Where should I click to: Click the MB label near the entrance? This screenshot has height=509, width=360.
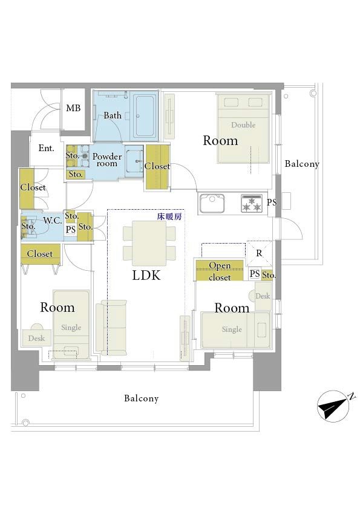pyautogui.click(x=73, y=108)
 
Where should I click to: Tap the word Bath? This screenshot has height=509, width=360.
pyautogui.click(x=113, y=115)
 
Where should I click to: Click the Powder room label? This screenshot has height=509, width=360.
pyautogui.click(x=107, y=160)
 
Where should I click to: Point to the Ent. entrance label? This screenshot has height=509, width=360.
pyautogui.click(x=46, y=148)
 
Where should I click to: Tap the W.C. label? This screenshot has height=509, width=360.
pyautogui.click(x=52, y=221)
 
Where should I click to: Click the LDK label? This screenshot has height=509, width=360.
pyautogui.click(x=146, y=275)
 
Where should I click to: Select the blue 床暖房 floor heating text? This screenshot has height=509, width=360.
pyautogui.click(x=169, y=216)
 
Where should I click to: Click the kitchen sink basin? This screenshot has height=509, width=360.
pyautogui.click(x=212, y=203)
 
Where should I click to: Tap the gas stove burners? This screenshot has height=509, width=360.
pyautogui.click(x=252, y=203)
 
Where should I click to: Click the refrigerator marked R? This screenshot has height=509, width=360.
pyautogui.click(x=259, y=253)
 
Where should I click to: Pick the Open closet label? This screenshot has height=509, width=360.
pyautogui.click(x=220, y=271)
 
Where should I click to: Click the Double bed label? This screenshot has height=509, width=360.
pyautogui.click(x=243, y=125)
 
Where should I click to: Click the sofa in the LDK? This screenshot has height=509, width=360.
pyautogui.click(x=111, y=328)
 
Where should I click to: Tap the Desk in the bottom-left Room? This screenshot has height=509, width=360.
pyautogui.click(x=37, y=337)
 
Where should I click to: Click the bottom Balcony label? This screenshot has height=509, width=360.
pyautogui.click(x=142, y=398)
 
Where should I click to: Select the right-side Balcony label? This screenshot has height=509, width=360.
pyautogui.click(x=302, y=164)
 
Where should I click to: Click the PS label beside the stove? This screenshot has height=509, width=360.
pyautogui.click(x=272, y=203)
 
